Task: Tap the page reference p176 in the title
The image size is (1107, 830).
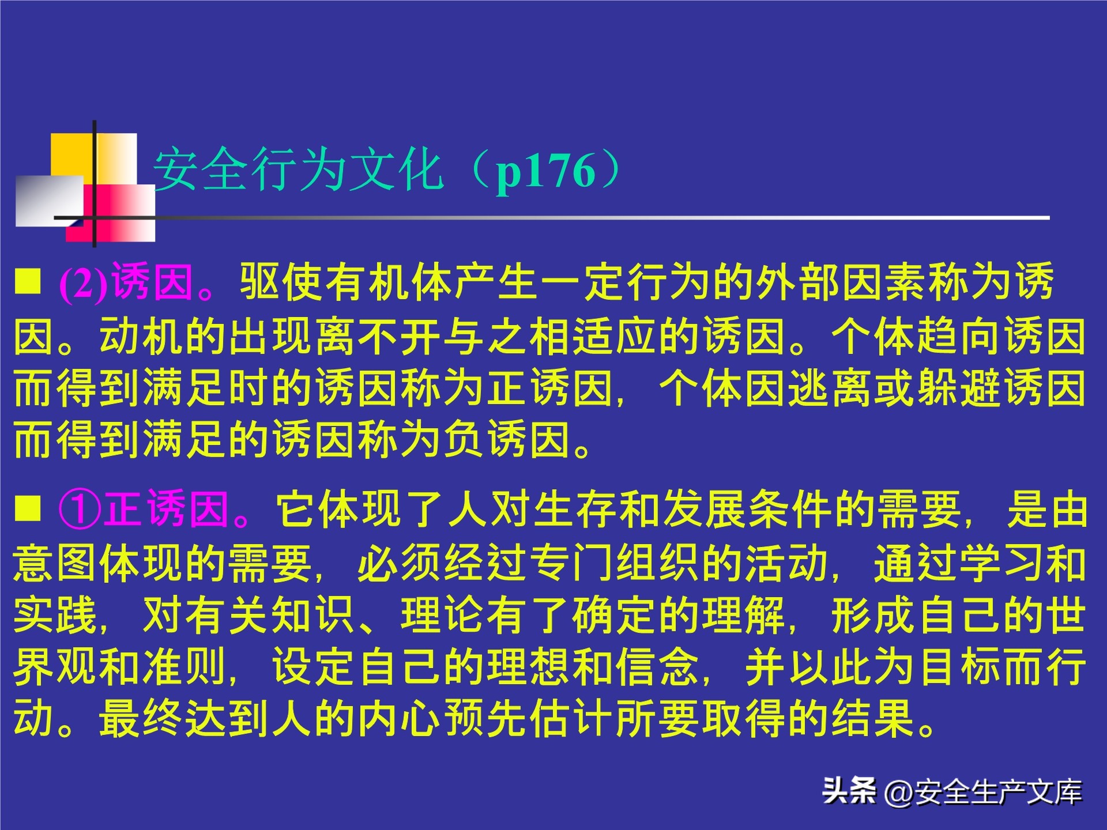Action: pyautogui.click(x=545, y=171)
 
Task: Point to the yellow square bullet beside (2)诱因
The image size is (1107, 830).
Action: pyautogui.click(x=28, y=281)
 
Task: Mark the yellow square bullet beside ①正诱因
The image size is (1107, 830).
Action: pyautogui.click(x=28, y=508)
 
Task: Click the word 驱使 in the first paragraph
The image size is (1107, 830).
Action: pyautogui.click(x=281, y=282)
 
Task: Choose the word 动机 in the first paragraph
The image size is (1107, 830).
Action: pyautogui.click(x=142, y=336)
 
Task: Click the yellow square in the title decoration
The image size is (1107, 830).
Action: pyautogui.click(x=71, y=154)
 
